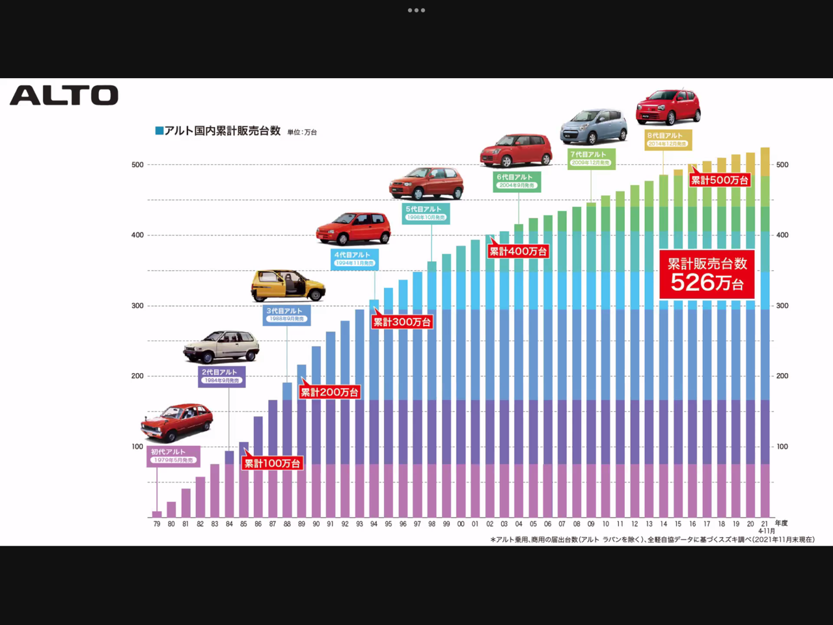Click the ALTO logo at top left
pyautogui.click(x=64, y=96)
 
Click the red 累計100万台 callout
pyautogui.click(x=272, y=463)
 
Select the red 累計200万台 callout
pyautogui.click(x=329, y=392)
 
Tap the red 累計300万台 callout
pyautogui.click(x=402, y=322)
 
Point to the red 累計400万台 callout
pyautogui.click(x=518, y=251)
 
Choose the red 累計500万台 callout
pyautogui.click(x=720, y=180)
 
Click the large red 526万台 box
pyautogui.click(x=707, y=274)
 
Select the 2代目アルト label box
pyautogui.click(x=222, y=376)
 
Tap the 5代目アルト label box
pyautogui.click(x=426, y=213)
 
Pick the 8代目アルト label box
pyautogui.click(x=668, y=139)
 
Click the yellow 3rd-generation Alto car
pyautogui.click(x=288, y=285)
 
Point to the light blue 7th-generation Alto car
pyautogui.click(x=594, y=126)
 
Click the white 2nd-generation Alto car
pyautogui.click(x=221, y=346)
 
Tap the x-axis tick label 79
pyautogui.click(x=157, y=524)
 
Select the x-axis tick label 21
pyautogui.click(x=765, y=523)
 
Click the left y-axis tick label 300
pyautogui.click(x=137, y=305)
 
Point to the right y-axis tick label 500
pyautogui.click(x=782, y=165)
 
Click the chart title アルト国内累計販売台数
pyautogui.click(x=222, y=131)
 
